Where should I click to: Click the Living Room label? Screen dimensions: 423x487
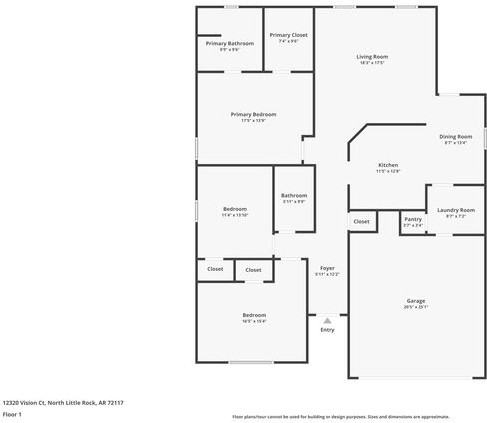click(372, 57)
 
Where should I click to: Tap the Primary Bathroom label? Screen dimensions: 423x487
click(230, 44)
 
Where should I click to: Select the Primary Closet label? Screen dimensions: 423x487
click(288, 35)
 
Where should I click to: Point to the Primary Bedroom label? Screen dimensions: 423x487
click(253, 115)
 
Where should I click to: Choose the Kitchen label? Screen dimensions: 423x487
click(388, 165)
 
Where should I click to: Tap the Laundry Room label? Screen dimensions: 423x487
click(455, 210)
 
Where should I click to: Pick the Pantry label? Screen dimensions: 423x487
click(412, 219)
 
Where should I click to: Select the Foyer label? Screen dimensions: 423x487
click(327, 268)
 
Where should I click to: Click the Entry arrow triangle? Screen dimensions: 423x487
click(327, 320)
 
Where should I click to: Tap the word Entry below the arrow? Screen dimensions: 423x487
click(327, 330)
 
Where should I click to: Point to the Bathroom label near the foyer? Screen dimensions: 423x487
click(294, 195)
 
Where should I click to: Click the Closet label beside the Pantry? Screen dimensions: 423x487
click(361, 221)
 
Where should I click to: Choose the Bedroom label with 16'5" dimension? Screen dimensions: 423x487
click(254, 315)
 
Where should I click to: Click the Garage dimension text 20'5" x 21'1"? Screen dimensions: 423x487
click(415, 307)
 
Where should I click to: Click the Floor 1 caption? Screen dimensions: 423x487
click(12, 413)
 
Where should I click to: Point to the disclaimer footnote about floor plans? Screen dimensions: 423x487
click(341, 415)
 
